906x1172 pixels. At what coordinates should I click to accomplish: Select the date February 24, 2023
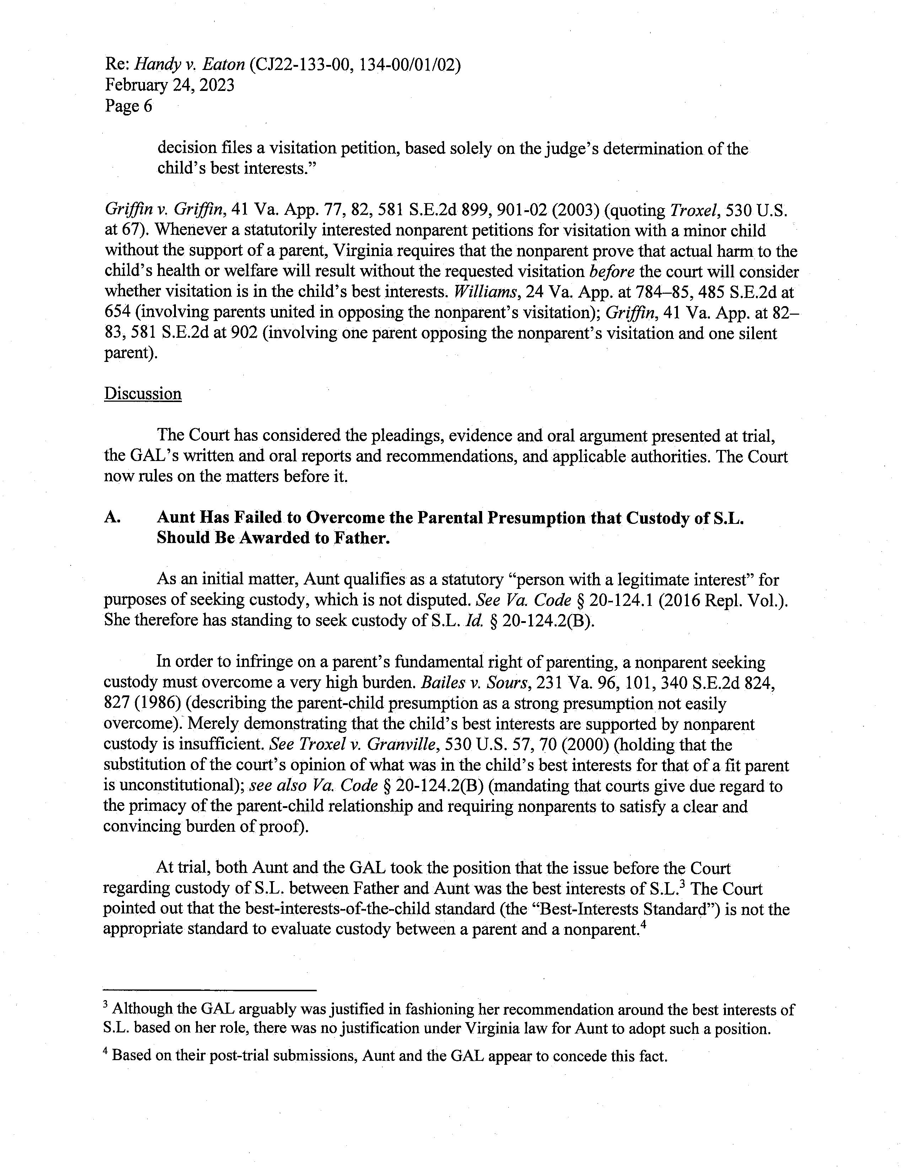point(169,85)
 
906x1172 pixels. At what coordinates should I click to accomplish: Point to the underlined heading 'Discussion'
point(143,394)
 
